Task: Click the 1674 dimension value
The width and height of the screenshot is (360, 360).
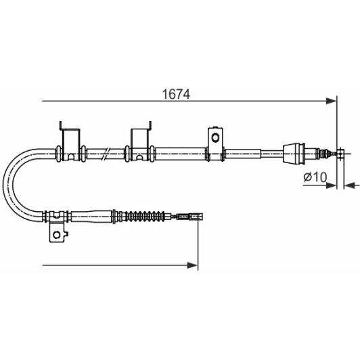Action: [175, 94]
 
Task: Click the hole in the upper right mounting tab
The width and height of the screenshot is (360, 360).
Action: [215, 138]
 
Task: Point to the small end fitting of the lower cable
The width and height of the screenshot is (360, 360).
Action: [190, 217]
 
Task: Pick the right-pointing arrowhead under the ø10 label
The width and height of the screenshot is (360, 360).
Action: [332, 183]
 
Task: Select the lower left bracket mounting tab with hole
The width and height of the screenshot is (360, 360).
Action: [57, 231]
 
